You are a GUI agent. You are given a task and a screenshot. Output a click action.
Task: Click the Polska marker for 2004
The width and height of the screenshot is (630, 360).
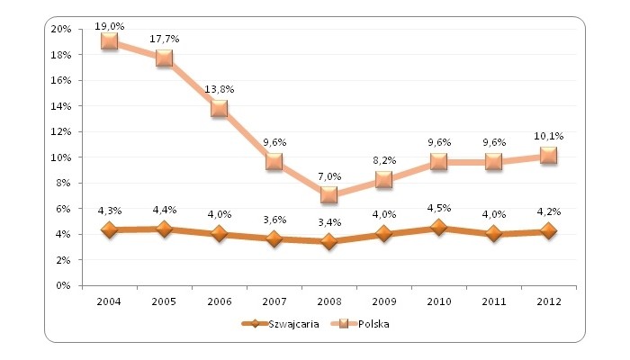point(110,41)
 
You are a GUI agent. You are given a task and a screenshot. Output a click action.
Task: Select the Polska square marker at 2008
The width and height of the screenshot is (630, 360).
point(329,194)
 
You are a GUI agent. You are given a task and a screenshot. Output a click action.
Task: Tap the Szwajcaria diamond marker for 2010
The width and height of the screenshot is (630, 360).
point(439,228)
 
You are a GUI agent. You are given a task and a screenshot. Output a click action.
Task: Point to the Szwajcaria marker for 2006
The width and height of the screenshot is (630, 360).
point(220,234)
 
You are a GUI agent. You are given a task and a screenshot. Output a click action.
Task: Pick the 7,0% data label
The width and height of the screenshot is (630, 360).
point(329,177)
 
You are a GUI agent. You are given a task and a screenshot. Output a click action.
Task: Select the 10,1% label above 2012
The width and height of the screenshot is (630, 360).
point(548,136)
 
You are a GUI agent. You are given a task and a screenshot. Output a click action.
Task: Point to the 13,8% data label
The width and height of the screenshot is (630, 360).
point(220,90)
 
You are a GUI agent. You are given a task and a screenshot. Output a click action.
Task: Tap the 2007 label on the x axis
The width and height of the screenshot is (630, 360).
point(274,300)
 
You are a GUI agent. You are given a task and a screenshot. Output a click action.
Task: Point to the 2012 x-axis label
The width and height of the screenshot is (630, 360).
point(548,300)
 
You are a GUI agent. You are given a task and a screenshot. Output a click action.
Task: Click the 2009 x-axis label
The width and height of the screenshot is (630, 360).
point(384,300)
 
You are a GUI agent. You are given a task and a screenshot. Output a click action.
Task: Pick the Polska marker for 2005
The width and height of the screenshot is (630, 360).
point(165,58)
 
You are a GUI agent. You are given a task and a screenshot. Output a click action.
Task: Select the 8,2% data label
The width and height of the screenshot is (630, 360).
point(384,162)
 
